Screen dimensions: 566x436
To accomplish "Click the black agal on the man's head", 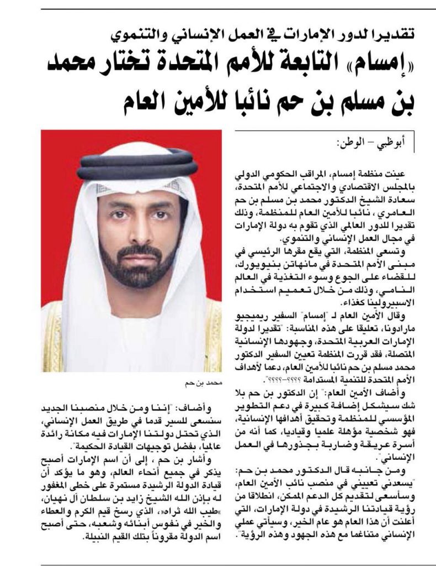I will tap(138, 163).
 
